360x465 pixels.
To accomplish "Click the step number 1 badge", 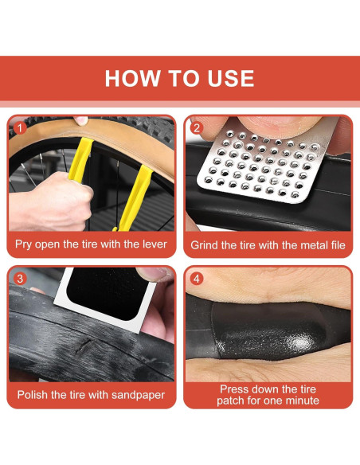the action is click(x=20, y=128).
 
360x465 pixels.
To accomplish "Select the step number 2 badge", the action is click(x=196, y=128).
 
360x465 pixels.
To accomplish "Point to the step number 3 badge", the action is click(x=20, y=279).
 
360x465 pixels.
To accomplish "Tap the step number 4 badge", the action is click(x=196, y=279).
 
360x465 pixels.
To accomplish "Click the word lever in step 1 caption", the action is click(x=155, y=244).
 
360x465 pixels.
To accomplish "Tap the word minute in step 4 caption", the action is click(x=303, y=401).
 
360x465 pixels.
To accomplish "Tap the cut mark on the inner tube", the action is click(x=84, y=346).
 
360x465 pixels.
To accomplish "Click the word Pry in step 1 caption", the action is click(x=23, y=244).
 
